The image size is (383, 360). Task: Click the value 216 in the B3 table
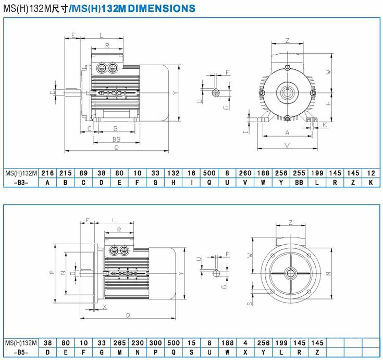coord(47,173)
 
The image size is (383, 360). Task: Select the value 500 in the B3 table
coord(209,173)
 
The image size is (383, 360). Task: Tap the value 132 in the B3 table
coord(173,173)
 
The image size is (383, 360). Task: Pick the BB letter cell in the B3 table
coord(299,183)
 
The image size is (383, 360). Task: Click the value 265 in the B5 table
coord(119,343)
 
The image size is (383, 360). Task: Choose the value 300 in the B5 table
coord(155,343)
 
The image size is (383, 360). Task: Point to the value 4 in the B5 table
coord(245,343)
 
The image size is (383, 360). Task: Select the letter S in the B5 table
coord(191,352)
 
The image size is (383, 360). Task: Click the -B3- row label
coord(21,183)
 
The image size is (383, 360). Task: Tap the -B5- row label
coord(21,352)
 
